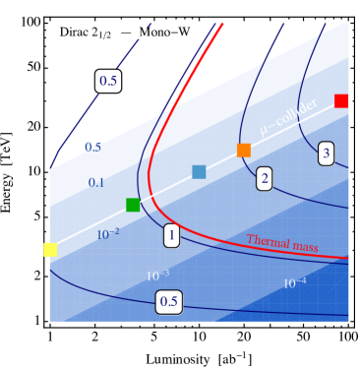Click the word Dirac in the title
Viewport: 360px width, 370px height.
(76, 32)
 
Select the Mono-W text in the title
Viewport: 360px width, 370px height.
(166, 32)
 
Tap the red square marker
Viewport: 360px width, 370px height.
(341, 100)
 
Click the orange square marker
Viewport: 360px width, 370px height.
(244, 150)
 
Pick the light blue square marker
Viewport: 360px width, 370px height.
(199, 172)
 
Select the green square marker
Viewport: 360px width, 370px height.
(133, 205)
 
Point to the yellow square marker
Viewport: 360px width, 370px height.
(50, 250)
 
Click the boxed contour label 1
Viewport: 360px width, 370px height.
(171, 236)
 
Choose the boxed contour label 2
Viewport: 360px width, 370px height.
(264, 178)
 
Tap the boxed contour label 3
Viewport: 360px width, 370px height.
(326, 153)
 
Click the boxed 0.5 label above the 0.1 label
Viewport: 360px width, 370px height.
(108, 81)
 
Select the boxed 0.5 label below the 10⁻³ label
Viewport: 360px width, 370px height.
(168, 301)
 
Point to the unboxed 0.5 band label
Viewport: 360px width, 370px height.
(92, 148)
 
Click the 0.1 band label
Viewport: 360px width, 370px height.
(96, 183)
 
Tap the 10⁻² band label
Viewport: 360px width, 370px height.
(108, 234)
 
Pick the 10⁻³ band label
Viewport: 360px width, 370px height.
(157, 275)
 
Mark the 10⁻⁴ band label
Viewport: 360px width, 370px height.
(294, 283)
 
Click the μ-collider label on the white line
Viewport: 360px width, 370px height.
(288, 118)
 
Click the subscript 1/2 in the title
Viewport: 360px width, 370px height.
(110, 36)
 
